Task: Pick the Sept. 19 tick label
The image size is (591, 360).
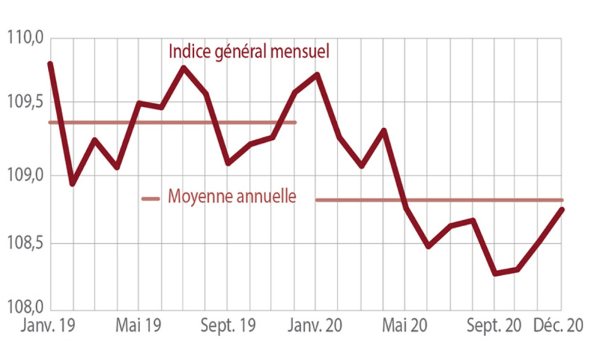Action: point(226,326)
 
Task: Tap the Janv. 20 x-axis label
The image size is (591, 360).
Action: point(316,326)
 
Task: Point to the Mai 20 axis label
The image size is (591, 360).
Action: point(405,326)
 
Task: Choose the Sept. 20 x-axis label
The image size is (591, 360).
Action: point(493,326)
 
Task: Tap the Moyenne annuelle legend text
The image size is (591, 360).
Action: point(231,196)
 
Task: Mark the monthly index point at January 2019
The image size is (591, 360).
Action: point(50,64)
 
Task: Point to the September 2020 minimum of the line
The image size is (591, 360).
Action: point(494,273)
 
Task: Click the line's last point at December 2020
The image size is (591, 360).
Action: point(563,209)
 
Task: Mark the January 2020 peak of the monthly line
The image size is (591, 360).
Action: point(317,74)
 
